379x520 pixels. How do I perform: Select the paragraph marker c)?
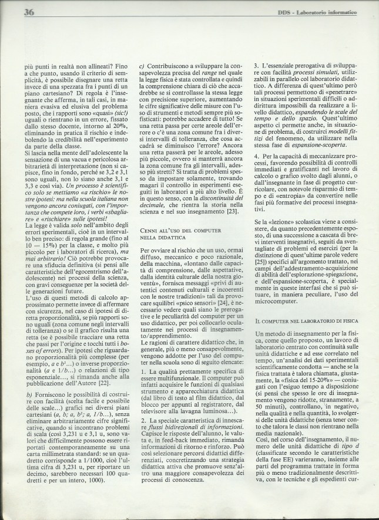pos(141,67)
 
